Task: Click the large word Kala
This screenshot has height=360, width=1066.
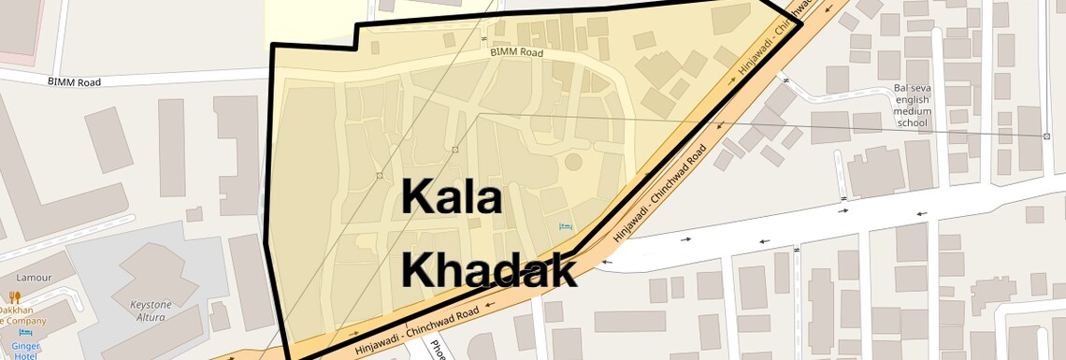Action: (453, 198)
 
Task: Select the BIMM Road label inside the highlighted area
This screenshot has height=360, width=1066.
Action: (516, 53)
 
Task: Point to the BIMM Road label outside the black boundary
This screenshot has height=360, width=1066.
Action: (74, 82)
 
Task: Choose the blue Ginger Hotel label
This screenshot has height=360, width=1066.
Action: (21, 350)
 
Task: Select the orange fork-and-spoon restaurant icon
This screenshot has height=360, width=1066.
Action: (14, 297)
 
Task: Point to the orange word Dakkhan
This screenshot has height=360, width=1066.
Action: (18, 310)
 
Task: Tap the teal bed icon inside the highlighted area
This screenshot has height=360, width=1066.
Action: (564, 227)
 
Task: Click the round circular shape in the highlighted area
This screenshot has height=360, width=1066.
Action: (572, 163)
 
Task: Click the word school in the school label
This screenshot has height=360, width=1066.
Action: (912, 122)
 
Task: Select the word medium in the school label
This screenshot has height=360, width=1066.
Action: (912, 111)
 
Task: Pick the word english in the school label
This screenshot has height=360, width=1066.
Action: (912, 100)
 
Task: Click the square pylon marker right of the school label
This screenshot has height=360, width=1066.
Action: (1046, 136)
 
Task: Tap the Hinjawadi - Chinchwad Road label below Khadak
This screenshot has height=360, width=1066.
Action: (418, 330)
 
